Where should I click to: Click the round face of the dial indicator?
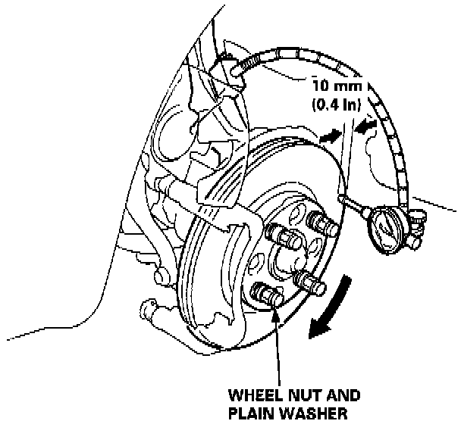(384, 225)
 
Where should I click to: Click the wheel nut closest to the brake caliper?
(282, 238)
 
